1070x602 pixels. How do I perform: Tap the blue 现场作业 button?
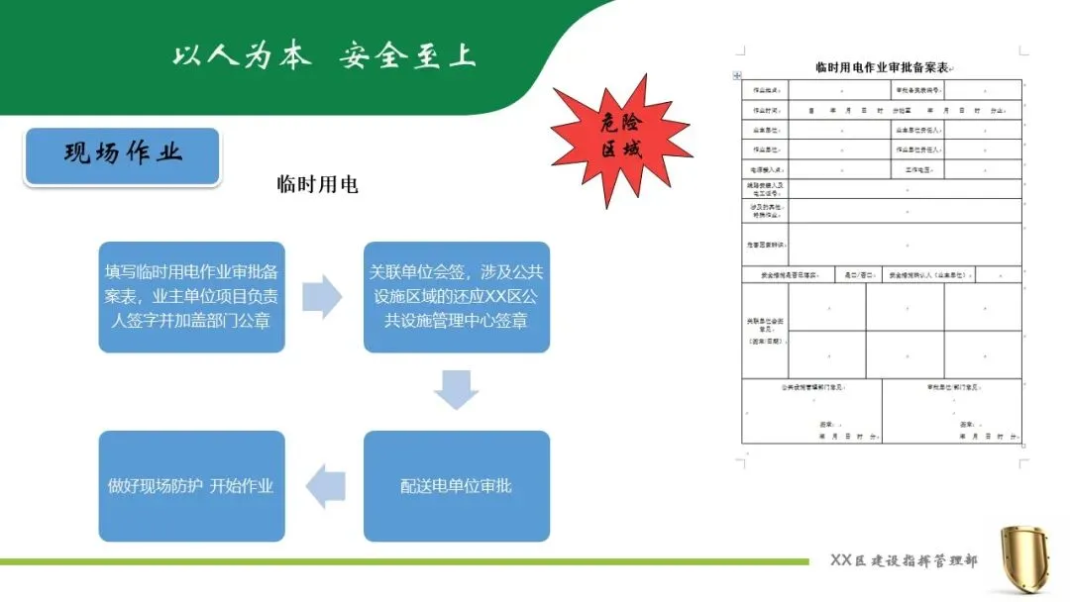click(122, 154)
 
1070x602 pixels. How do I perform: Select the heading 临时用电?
click(317, 184)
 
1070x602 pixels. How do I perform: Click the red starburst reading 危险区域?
click(620, 139)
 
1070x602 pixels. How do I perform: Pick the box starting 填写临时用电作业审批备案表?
click(191, 296)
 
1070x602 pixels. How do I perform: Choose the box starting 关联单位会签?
click(456, 296)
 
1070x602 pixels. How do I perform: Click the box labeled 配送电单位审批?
click(456, 486)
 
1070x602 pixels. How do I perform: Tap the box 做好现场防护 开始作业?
click(191, 486)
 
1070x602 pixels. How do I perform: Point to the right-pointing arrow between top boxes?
click(322, 297)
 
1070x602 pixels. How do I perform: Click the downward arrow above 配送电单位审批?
click(456, 390)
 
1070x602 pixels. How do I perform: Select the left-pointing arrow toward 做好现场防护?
click(325, 487)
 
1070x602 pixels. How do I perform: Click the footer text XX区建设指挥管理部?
click(903, 561)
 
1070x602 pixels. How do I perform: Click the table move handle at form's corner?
click(736, 76)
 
